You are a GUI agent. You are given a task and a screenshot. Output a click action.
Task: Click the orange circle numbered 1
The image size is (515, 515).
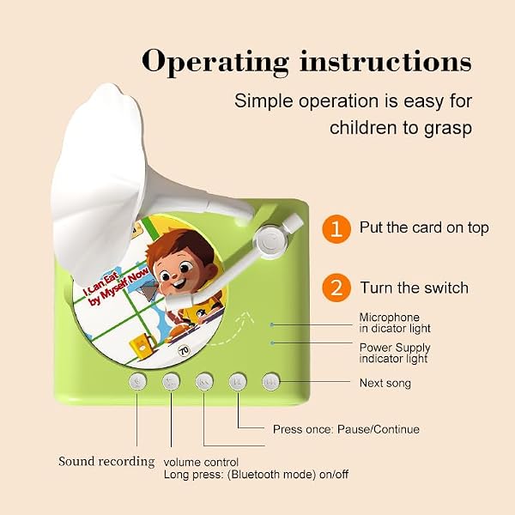336,229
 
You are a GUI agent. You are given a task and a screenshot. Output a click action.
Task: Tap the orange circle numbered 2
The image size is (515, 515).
336,288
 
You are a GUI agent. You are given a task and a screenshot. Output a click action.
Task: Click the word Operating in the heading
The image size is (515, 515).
215,62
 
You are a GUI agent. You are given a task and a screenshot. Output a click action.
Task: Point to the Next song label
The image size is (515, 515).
385,383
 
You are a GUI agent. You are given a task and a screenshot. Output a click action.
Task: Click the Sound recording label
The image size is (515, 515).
106,462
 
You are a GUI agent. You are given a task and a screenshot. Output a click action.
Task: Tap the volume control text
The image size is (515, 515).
201,462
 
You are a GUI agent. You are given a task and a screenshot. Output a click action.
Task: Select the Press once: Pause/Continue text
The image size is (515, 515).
346,429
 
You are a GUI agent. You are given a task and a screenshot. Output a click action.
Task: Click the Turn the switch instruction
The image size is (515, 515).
415,288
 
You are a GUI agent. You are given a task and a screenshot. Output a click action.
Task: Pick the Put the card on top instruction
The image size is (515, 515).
424,227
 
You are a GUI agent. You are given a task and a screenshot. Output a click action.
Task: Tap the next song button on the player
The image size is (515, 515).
271,382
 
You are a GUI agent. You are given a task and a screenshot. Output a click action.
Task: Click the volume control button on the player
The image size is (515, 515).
171,382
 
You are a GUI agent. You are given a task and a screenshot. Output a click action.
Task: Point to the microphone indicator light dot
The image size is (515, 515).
272,324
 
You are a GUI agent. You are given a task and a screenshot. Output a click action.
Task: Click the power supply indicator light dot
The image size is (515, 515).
272,342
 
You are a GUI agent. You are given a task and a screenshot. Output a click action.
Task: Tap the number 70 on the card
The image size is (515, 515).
184,351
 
